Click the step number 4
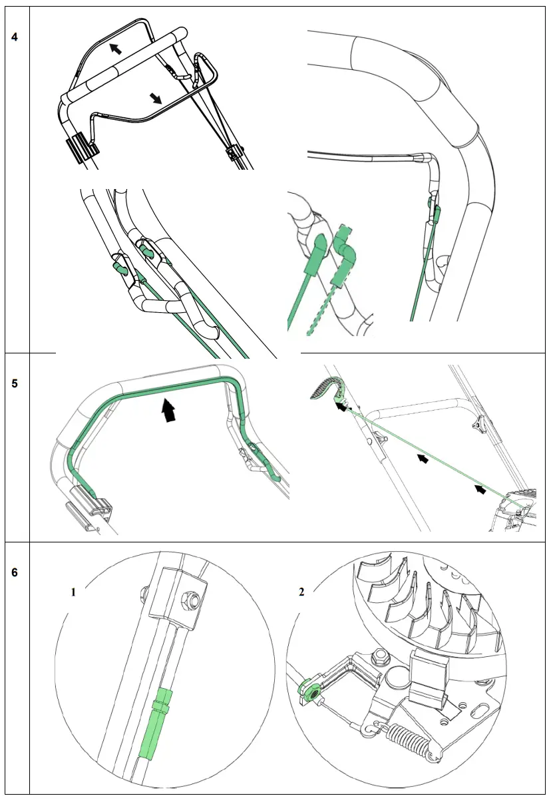tap(15, 36)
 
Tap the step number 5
tap(15, 384)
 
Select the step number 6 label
tap(15, 572)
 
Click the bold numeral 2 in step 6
tap(301, 592)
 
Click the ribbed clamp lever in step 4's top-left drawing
tap(78, 147)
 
